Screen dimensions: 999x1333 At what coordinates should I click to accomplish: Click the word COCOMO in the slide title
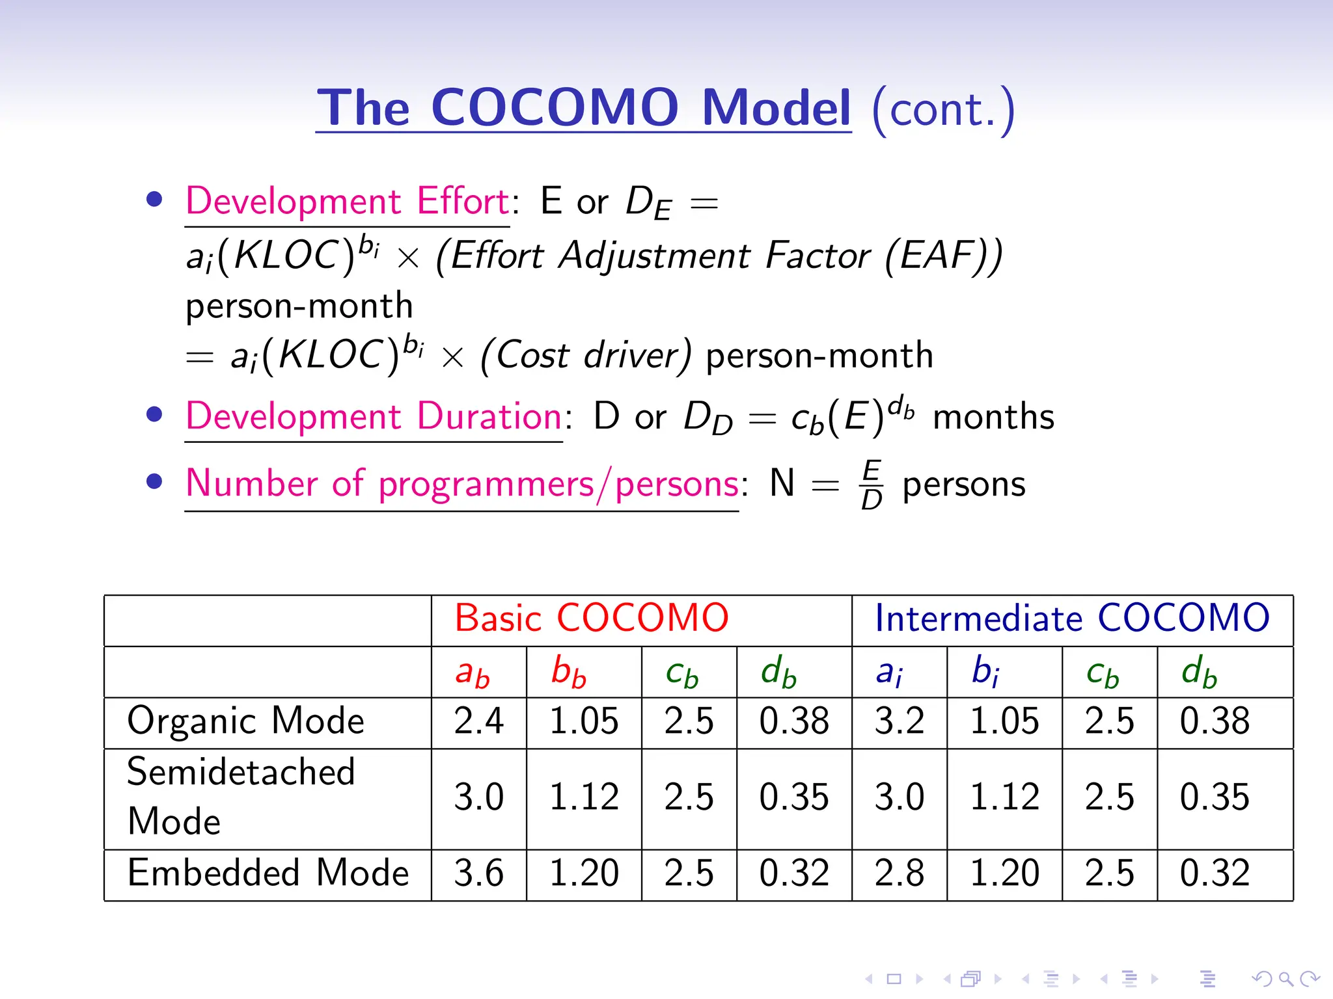[x=555, y=107]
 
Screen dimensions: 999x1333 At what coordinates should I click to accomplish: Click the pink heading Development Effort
[x=347, y=201]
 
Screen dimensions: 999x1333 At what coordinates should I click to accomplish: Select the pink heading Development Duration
[x=374, y=416]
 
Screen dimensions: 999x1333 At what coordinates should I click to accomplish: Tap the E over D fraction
[x=872, y=485]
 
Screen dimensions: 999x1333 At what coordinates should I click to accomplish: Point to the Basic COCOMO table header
[x=591, y=618]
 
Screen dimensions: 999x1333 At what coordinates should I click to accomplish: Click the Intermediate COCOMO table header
[x=1072, y=618]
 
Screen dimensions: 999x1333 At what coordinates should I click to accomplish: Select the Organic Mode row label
[x=245, y=721]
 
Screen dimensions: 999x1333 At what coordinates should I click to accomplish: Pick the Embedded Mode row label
[x=268, y=873]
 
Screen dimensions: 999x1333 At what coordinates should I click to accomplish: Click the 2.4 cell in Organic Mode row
[x=478, y=721]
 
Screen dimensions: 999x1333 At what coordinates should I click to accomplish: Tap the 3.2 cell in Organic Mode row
[x=899, y=721]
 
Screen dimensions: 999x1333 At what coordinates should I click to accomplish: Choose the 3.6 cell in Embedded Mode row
[x=478, y=873]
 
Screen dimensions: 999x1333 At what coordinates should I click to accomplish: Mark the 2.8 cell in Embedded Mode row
[x=899, y=873]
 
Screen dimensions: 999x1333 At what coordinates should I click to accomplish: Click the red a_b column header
[x=473, y=673]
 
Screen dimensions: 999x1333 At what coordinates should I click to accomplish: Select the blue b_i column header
[x=985, y=671]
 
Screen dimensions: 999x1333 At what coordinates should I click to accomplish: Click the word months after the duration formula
[x=993, y=417]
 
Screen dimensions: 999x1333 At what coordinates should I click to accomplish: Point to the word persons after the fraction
[x=964, y=485]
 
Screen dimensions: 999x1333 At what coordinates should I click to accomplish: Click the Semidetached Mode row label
[x=241, y=797]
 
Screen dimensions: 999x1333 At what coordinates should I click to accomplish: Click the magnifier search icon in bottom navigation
[x=1285, y=979]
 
